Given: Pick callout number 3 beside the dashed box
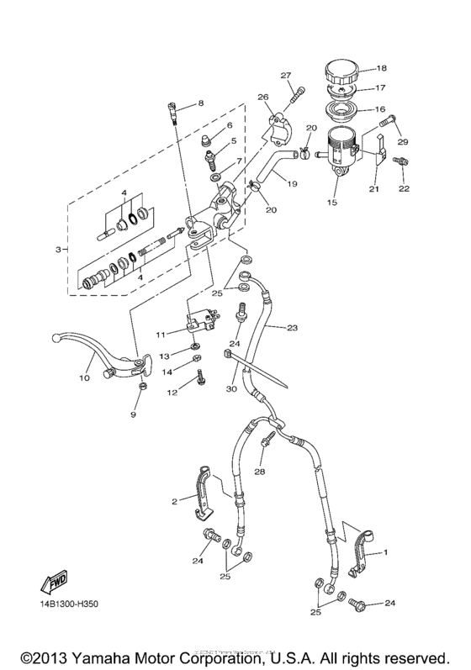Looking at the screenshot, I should click(x=58, y=251).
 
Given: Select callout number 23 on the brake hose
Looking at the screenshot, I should click(x=293, y=328).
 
